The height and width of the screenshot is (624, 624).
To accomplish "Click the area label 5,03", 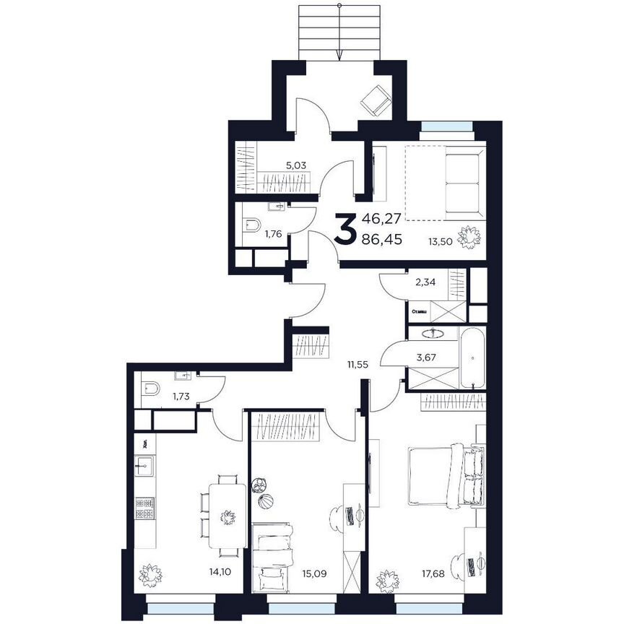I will [296, 165].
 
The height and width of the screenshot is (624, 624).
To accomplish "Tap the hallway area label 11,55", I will [357, 365].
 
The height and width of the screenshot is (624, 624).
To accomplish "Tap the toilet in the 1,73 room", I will [150, 389].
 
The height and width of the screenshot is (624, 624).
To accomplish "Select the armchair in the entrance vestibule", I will [374, 100].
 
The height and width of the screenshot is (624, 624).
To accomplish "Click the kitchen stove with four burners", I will [144, 508].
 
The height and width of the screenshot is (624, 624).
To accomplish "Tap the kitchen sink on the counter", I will [144, 466].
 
